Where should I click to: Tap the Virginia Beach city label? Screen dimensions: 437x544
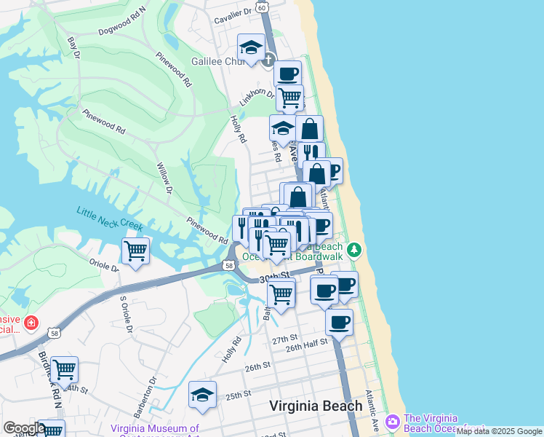coord(316,406)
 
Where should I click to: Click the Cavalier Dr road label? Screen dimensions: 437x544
coord(232,12)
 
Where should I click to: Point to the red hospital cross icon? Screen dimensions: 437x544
coord(31,322)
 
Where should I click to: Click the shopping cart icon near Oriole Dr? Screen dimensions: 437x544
coord(136,251)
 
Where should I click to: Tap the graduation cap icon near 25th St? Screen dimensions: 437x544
coord(202,394)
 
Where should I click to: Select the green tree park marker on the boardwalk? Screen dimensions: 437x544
coord(354,250)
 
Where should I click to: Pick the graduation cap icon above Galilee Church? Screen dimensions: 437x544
coord(251,47)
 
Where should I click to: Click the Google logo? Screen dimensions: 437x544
coord(23,428)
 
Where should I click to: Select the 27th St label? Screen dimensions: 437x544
coord(285,339)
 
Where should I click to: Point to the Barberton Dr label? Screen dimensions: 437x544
coord(151,390)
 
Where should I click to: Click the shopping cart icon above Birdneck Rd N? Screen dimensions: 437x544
coord(65,370)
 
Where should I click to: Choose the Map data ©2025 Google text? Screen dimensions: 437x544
coord(499,431)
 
